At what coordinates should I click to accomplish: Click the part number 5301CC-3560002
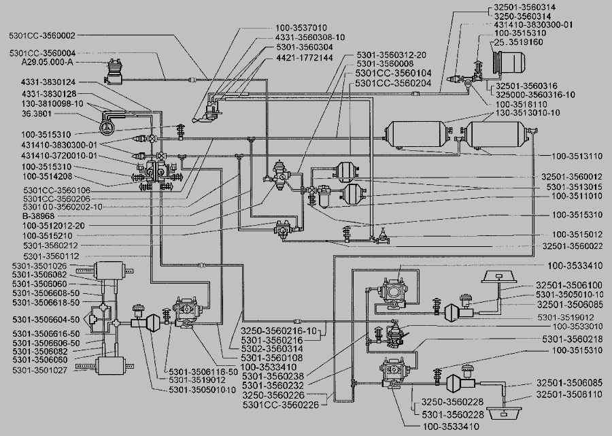(x=42, y=35)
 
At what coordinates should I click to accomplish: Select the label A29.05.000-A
(x=48, y=63)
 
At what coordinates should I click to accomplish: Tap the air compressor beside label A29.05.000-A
(x=114, y=73)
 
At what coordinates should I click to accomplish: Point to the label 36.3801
(x=41, y=114)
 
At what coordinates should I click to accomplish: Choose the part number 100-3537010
(x=301, y=28)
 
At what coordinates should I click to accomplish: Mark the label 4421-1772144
(x=305, y=58)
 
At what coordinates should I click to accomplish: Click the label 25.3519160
(x=518, y=42)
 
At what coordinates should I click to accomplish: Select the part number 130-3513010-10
(x=528, y=113)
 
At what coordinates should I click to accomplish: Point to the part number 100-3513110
(x=577, y=156)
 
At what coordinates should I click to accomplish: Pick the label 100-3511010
(x=577, y=196)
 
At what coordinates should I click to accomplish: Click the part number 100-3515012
(x=577, y=235)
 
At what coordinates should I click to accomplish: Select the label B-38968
(x=38, y=216)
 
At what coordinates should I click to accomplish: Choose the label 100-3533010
(x=577, y=326)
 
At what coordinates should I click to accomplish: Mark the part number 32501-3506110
(x=569, y=395)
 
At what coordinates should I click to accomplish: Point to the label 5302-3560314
(x=271, y=348)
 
